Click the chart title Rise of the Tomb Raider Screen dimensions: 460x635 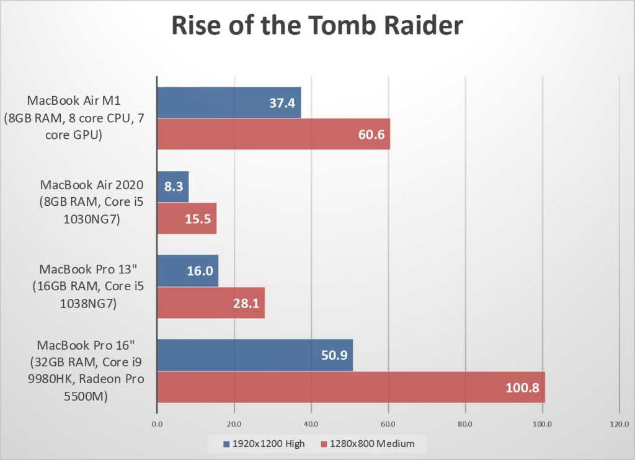317,26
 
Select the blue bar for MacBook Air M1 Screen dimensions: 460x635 229,102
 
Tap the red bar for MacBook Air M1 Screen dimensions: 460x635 273,133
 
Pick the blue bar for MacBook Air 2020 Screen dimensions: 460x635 173,187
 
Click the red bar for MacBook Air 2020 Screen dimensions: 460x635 187,218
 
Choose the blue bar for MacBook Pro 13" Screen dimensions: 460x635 187,271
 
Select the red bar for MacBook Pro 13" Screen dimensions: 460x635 211,303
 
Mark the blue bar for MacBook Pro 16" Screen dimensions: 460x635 255,355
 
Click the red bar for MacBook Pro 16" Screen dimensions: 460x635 351,387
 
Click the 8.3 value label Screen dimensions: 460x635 173,187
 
